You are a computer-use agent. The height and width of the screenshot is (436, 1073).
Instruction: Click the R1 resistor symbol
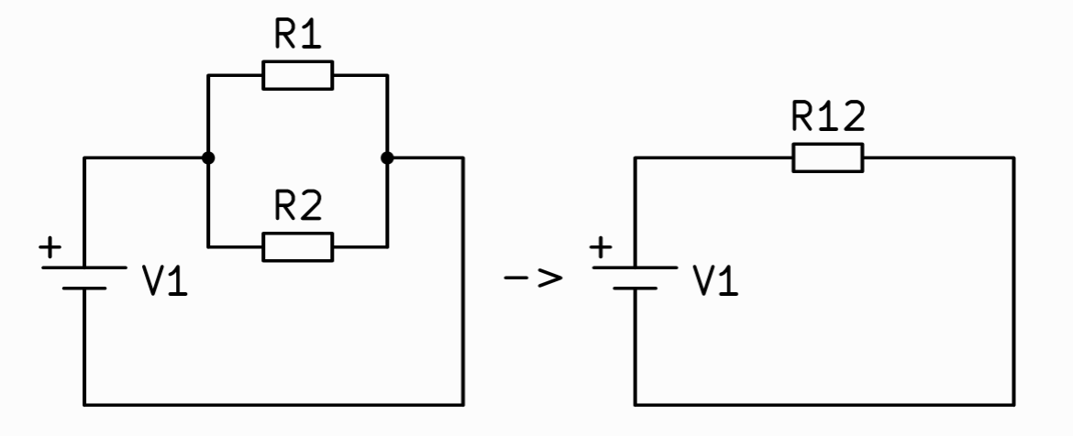(298, 76)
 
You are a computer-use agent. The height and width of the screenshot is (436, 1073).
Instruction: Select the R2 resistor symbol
(298, 246)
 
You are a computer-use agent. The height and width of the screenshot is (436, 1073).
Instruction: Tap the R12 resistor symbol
(827, 158)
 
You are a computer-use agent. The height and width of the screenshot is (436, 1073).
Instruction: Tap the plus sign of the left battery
(50, 247)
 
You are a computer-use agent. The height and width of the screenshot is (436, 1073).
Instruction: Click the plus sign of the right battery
(602, 247)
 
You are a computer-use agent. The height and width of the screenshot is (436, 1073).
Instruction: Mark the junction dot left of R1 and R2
(209, 158)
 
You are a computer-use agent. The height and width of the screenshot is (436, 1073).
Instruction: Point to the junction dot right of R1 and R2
(387, 158)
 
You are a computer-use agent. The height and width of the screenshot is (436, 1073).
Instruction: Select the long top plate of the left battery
(84, 268)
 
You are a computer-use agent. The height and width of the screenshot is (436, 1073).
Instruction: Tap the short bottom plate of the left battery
(84, 288)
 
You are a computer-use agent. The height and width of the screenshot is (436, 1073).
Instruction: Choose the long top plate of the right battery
(635, 268)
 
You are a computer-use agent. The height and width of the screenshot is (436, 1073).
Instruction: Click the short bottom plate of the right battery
(635, 288)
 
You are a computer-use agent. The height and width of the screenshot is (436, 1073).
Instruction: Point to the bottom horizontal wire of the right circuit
(825, 404)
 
